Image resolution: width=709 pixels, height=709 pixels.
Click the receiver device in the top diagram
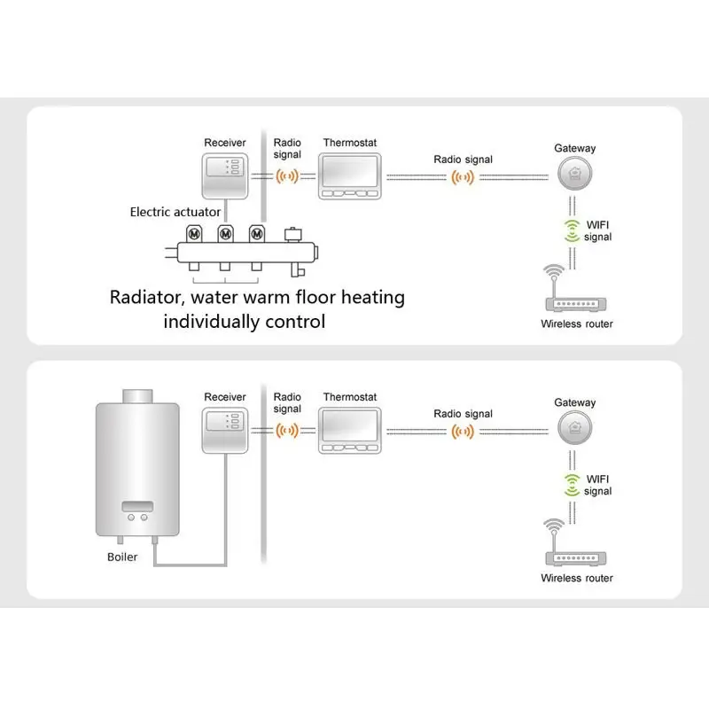click(225, 175)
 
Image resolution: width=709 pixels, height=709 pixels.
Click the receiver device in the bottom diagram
click(225, 430)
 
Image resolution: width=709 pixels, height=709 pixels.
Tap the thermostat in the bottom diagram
click(349, 430)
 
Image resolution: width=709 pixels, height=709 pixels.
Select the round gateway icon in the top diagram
click(575, 175)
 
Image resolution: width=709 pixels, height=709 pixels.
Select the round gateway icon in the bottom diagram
click(575, 430)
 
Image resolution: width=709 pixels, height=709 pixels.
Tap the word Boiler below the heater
click(122, 557)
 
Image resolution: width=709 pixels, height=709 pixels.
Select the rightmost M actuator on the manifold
click(256, 234)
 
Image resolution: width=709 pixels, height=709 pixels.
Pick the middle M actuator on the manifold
click(224, 234)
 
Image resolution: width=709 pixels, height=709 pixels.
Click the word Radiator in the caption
click(146, 297)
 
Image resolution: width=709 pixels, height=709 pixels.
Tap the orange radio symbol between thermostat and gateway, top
click(463, 177)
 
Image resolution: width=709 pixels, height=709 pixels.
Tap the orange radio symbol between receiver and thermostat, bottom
click(287, 431)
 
